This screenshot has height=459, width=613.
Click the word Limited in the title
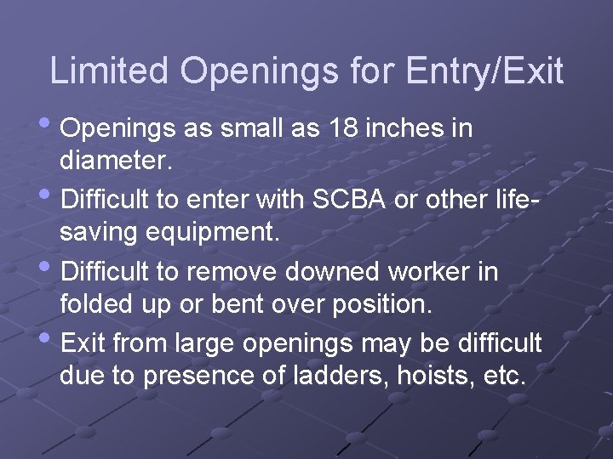click(110, 71)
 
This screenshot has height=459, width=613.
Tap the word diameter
click(116, 161)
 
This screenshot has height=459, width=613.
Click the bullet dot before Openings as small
click(52, 127)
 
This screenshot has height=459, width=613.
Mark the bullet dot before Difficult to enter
click(52, 199)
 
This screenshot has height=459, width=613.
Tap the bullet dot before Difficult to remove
click(52, 270)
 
